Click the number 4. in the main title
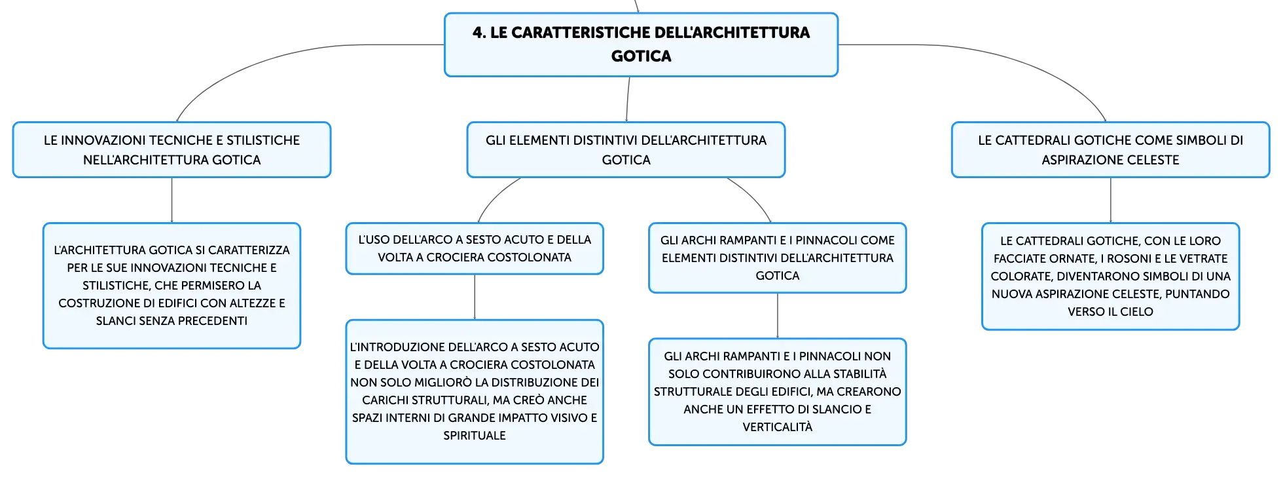(479, 33)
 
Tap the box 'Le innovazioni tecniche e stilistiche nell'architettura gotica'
(172, 149)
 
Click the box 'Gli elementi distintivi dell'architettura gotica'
(626, 149)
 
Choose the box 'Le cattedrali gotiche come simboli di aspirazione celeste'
(1110, 149)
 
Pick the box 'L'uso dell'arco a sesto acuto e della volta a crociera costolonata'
(475, 248)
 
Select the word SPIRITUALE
(475, 436)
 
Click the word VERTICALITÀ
(778, 427)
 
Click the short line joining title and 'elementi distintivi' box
(628, 100)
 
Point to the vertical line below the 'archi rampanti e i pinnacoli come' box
(778, 316)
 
